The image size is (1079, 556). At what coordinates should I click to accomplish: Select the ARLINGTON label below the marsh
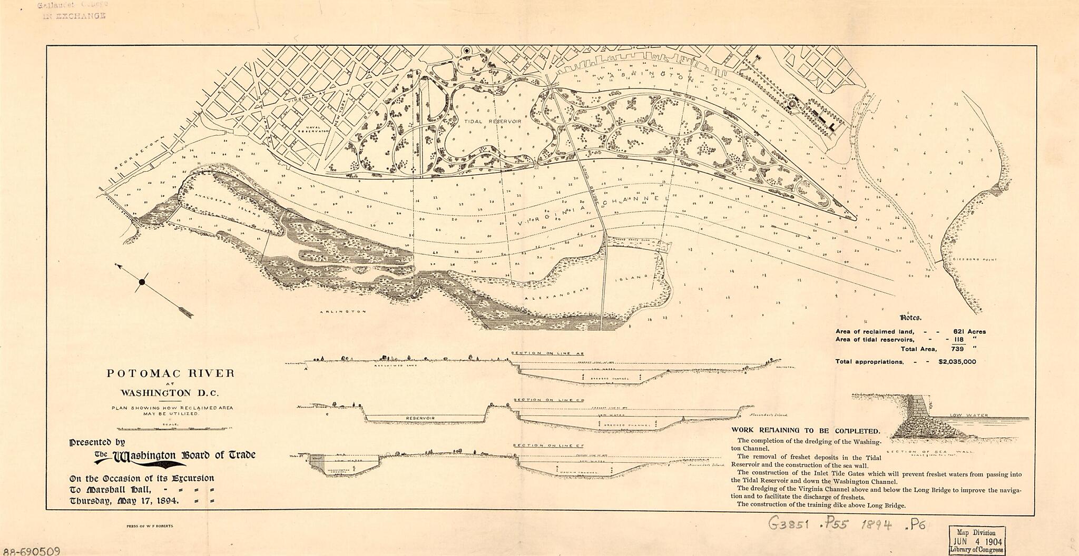(342, 312)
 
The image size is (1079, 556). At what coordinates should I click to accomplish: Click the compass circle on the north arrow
(141, 283)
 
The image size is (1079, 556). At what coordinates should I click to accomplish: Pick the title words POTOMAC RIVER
(171, 374)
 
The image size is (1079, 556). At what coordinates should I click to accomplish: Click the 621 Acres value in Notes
(969, 332)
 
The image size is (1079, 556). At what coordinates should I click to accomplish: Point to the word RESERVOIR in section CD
(421, 418)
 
